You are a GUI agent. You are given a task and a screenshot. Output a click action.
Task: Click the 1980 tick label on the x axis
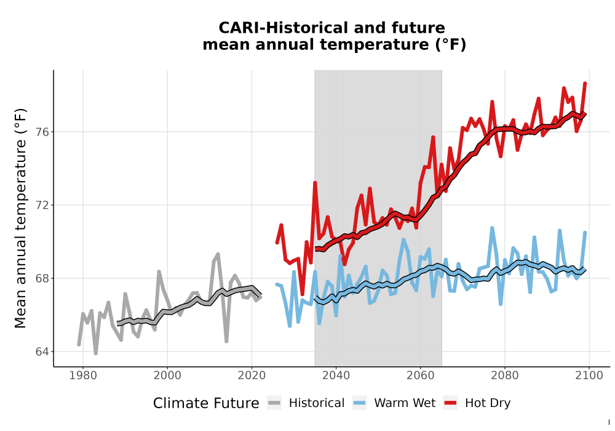pos(83,376)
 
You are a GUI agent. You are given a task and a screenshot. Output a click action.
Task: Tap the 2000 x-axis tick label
pos(167,376)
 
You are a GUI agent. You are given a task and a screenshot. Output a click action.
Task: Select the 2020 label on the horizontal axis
pos(252,376)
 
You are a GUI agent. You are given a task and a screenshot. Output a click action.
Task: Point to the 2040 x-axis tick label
pos(336,376)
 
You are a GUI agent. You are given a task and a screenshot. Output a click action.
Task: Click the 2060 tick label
pos(421,376)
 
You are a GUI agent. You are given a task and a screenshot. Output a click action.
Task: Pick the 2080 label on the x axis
pos(505,376)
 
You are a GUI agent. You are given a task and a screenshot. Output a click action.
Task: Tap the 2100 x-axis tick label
pos(589,376)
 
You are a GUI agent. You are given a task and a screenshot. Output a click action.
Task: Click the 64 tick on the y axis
pos(43,352)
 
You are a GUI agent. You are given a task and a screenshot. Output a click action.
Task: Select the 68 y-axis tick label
pos(43,278)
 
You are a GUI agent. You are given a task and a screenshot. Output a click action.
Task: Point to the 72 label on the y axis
pos(43,205)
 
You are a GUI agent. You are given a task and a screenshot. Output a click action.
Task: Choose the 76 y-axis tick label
pos(43,132)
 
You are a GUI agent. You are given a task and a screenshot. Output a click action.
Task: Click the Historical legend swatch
pos(274,403)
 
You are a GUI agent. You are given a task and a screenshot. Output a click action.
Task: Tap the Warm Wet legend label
pos(405,403)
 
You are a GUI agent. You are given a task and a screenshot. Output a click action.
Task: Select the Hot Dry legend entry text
pos(488,403)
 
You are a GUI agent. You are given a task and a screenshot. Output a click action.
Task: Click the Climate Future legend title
pos(206,403)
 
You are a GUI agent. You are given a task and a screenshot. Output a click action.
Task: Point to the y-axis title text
pos(20,218)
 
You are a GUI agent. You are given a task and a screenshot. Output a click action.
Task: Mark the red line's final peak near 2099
pos(585,83)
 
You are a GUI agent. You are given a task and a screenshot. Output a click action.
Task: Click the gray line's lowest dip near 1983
pos(96,353)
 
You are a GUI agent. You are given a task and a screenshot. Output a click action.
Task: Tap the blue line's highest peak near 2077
pos(492,228)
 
